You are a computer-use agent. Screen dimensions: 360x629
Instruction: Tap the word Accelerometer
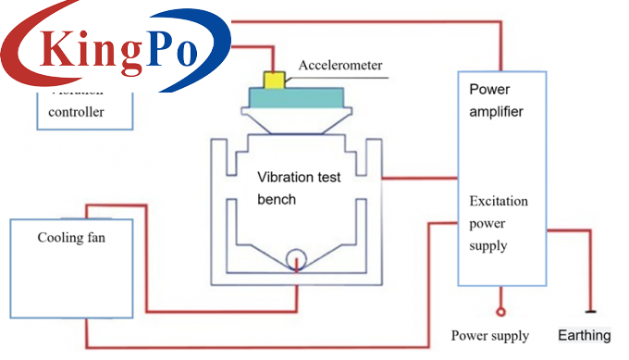(x=339, y=66)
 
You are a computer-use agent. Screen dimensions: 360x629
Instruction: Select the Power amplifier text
(x=497, y=101)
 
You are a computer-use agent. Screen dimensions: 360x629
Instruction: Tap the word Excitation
(x=499, y=201)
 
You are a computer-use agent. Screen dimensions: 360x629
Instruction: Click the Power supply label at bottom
(x=490, y=335)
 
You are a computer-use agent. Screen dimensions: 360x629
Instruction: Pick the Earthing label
(x=586, y=335)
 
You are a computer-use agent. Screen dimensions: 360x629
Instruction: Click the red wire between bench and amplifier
(x=421, y=178)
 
